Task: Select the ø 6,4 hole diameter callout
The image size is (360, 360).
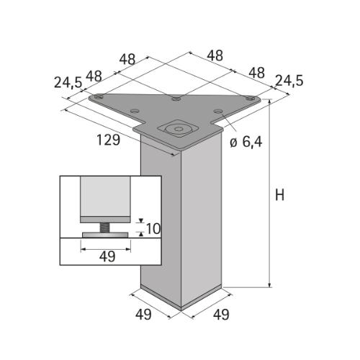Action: coord(246,142)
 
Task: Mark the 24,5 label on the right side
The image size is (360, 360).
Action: coord(288,81)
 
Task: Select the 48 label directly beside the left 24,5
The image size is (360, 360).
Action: coord(94,76)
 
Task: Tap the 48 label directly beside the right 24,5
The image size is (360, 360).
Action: coord(256,72)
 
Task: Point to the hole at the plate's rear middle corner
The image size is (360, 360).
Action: coord(175,98)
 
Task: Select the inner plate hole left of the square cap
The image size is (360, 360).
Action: coord(135,111)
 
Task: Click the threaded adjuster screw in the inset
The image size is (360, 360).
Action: coord(105,228)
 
